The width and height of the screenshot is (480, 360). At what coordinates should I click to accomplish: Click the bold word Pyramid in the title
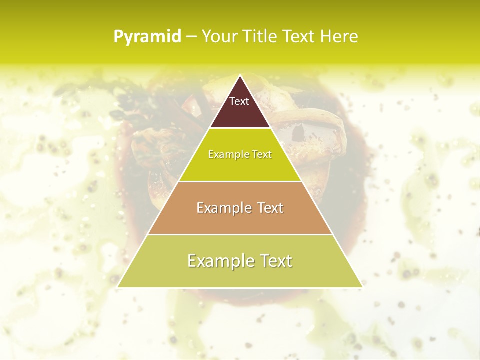[147, 37]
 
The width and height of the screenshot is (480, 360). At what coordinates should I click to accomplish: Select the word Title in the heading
[259, 37]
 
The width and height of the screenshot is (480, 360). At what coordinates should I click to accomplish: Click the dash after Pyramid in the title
[191, 37]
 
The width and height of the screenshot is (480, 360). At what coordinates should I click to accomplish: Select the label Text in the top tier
[239, 101]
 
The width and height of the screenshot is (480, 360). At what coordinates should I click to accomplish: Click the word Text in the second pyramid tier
[261, 155]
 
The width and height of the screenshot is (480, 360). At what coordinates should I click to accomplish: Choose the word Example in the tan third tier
[220, 208]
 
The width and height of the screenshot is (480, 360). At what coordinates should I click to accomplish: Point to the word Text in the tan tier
[270, 208]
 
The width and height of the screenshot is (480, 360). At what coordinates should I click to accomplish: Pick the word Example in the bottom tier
[216, 261]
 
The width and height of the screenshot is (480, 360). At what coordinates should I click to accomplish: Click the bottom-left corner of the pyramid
[118, 287]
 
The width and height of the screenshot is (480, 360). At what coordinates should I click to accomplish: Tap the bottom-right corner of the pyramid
[362, 287]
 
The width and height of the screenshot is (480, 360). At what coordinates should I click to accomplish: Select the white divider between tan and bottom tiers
[240, 234]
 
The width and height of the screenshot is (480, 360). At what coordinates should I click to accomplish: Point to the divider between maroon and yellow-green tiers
[240, 128]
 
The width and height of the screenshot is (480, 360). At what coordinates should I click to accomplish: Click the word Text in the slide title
[299, 37]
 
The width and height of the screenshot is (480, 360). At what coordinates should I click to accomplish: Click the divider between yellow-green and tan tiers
[240, 181]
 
